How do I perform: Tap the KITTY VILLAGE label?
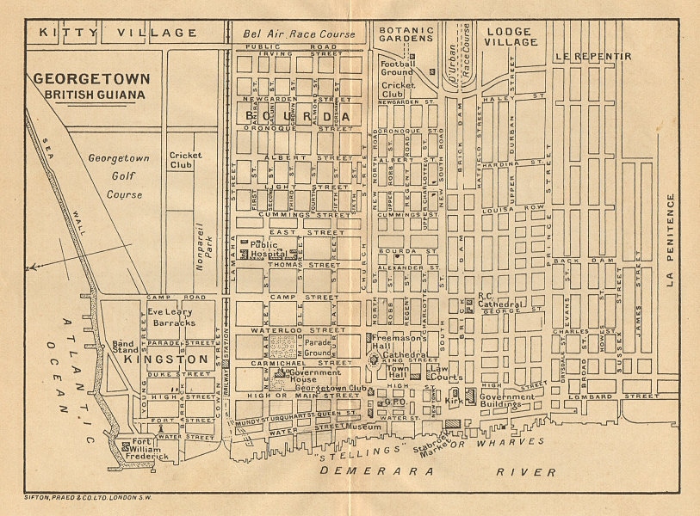(x=119, y=33)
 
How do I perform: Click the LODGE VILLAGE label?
(x=509, y=37)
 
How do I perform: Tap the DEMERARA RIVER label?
(x=439, y=472)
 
